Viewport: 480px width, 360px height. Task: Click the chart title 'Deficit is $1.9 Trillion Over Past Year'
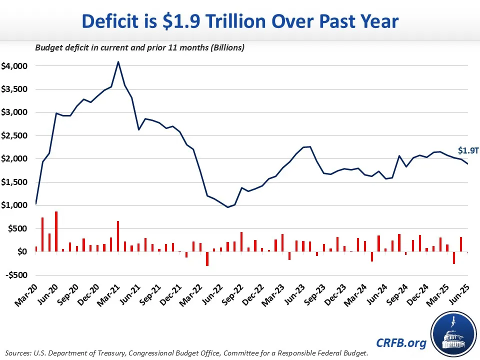[240, 21]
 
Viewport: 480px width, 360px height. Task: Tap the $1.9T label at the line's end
[468, 150]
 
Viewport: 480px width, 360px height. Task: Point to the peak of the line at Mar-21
[118, 62]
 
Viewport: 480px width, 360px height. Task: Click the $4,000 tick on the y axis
[14, 66]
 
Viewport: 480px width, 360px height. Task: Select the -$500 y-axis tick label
[16, 275]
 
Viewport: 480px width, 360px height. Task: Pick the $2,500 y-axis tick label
[14, 135]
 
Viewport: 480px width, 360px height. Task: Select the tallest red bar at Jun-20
[56, 231]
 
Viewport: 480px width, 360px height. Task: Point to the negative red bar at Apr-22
[207, 258]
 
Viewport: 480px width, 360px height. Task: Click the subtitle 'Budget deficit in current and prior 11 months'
[139, 48]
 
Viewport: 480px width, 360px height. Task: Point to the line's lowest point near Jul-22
[227, 207]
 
